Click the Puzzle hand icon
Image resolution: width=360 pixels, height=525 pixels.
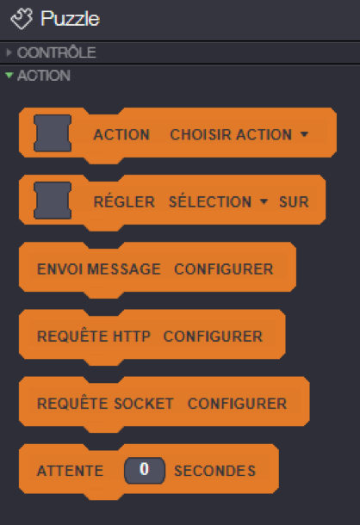pos(22,18)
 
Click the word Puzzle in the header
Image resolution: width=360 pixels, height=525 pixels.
pos(70,19)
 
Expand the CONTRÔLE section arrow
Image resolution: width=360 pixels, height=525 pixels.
pos(9,52)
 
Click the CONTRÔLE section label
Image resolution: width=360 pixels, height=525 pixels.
pos(57,52)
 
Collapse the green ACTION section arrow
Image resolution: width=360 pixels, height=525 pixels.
pos(9,76)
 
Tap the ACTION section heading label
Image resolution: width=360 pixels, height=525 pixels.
pos(44,76)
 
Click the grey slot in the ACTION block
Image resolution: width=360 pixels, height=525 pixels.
pos(53,133)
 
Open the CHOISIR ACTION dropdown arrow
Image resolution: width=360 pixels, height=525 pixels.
pos(304,134)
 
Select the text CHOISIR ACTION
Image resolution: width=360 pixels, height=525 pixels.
pos(231,134)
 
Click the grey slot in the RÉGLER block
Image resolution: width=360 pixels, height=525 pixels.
pos(53,201)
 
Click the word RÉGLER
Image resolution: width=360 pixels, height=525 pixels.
pos(124,201)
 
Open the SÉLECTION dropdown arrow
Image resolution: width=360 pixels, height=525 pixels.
pos(264,201)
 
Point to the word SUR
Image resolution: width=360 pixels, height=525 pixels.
pos(294,202)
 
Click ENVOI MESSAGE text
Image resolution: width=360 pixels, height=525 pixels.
pos(99,269)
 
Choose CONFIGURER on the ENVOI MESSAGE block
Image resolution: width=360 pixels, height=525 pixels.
pos(224,269)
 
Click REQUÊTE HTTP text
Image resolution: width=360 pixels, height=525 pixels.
pos(94,337)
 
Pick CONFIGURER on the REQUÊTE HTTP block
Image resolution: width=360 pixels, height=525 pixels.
pos(214,337)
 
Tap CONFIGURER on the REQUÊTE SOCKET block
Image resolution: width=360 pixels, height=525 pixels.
pos(238,404)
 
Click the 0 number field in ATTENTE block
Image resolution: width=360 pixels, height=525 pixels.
pos(145,471)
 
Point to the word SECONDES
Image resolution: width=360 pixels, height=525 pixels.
pos(214,471)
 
